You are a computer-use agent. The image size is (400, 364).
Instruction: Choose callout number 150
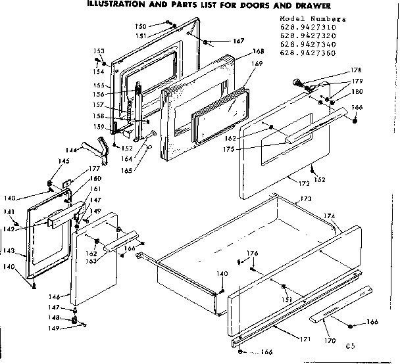click(x=140, y=26)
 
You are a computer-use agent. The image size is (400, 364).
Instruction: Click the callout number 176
click(x=251, y=253)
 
